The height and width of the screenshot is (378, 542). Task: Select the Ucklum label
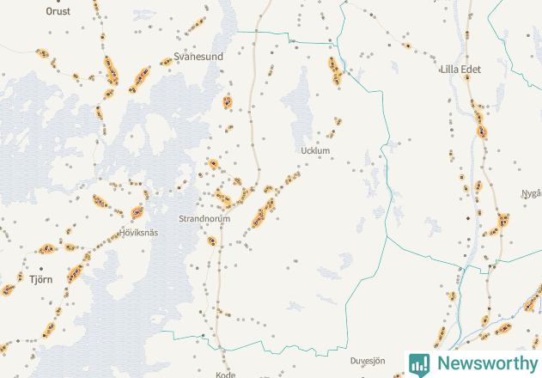(316, 151)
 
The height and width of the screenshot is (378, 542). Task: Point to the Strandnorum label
(204, 219)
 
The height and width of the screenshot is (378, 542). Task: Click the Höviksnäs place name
(139, 233)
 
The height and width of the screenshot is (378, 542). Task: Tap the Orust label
(58, 12)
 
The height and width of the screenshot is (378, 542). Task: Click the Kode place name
(226, 375)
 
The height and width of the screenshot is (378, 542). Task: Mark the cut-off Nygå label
(531, 193)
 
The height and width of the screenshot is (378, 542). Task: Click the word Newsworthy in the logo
(484, 363)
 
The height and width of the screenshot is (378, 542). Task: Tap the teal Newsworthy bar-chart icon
(419, 363)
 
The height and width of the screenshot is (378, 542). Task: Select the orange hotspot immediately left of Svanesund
(166, 62)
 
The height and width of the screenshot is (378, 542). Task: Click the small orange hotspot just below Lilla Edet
(468, 77)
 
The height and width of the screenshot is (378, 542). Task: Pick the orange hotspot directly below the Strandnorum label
(211, 241)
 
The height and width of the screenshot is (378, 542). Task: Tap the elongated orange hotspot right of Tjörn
(76, 271)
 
